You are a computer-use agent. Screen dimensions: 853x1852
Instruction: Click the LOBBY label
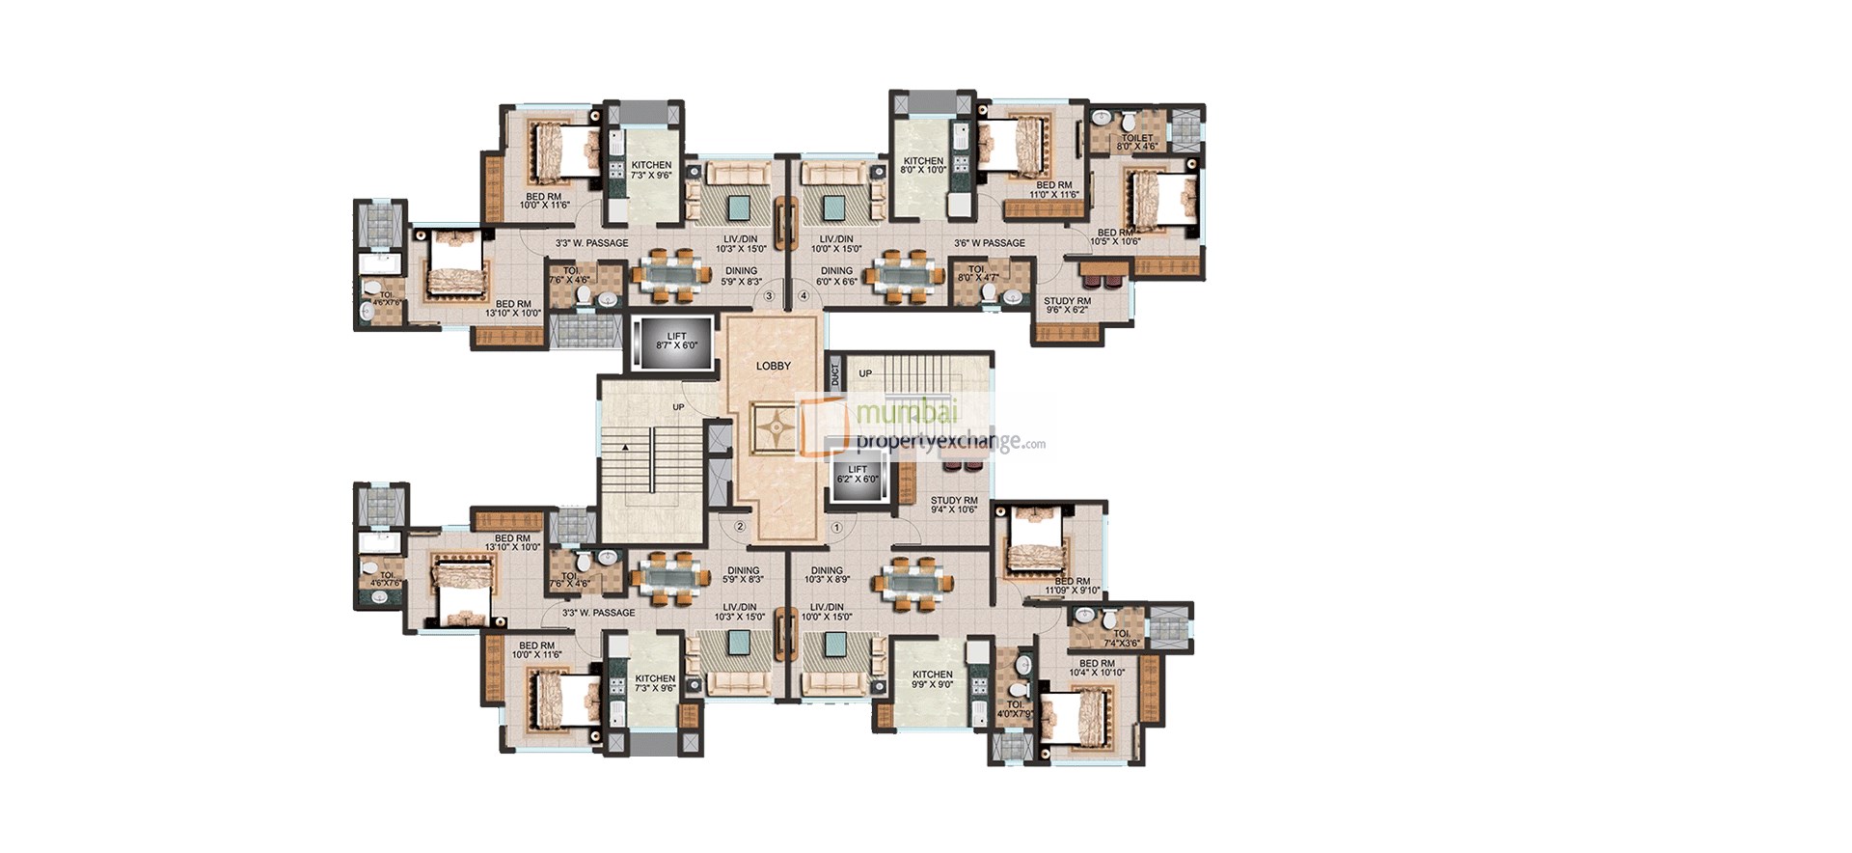coord(773,366)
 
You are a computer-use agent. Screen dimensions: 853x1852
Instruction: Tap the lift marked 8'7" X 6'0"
coord(675,342)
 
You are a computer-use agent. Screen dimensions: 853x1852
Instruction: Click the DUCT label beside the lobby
coord(835,373)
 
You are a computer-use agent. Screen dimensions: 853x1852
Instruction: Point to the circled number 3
coord(769,295)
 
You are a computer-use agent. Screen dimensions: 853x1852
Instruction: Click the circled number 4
coord(804,295)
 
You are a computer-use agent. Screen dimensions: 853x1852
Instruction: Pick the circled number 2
coord(740,527)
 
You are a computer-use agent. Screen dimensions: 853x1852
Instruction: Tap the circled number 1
coord(836,528)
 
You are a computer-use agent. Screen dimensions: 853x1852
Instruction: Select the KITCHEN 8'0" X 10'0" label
coord(923,165)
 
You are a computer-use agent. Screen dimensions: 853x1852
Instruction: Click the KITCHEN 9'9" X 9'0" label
coord(932,679)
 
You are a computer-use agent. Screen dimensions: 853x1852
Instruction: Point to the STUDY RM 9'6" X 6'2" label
coord(1066,306)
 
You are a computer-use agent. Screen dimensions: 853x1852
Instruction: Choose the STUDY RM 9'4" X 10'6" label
coord(953,505)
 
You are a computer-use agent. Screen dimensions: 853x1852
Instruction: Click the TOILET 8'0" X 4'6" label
coord(1137,142)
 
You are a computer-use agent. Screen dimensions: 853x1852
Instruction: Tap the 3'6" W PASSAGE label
coord(990,243)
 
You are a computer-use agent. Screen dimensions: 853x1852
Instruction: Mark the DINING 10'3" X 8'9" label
coord(827,575)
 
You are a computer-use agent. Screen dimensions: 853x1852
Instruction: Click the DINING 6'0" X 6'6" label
coord(836,276)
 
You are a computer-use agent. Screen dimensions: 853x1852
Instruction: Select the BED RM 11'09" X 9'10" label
coord(1072,586)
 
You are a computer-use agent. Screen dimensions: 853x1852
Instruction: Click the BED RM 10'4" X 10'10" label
coord(1097,668)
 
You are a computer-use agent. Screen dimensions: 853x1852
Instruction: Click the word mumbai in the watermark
coord(907,412)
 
